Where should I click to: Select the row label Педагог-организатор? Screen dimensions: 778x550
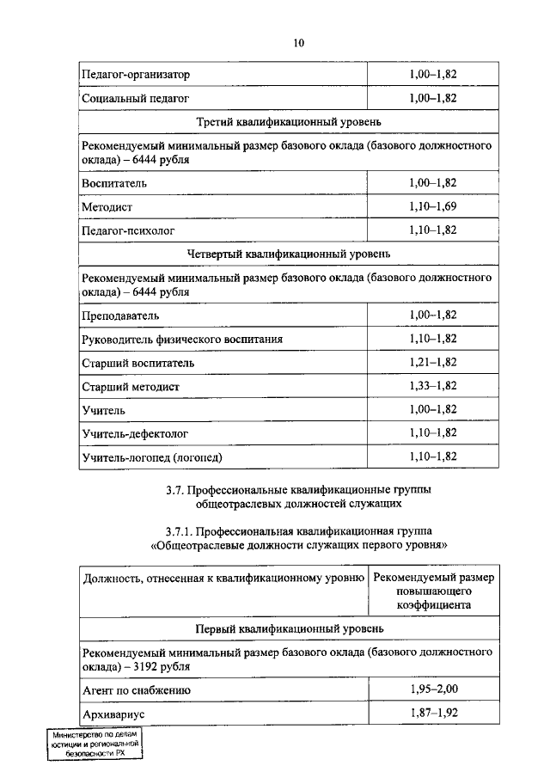click(x=136, y=75)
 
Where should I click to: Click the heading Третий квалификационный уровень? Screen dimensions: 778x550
click(x=289, y=122)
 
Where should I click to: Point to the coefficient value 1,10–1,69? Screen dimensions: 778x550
click(x=432, y=207)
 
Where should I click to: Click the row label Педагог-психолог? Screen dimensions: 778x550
click(x=126, y=230)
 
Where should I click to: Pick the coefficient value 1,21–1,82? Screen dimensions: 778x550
click(x=432, y=363)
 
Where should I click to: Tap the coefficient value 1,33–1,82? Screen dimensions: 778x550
click(x=432, y=386)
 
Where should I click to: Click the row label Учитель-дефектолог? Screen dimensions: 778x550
click(x=135, y=432)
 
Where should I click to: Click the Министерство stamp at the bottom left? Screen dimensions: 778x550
click(x=95, y=744)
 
